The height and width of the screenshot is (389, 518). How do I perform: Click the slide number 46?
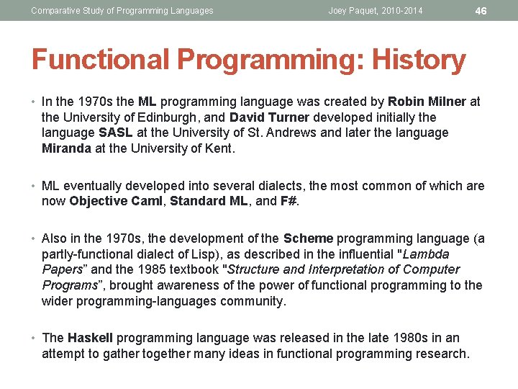click(x=481, y=11)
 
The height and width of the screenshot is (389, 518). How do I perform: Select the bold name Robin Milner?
click(x=427, y=102)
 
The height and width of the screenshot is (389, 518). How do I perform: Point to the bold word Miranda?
click(x=67, y=148)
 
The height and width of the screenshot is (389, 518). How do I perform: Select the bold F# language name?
click(x=288, y=201)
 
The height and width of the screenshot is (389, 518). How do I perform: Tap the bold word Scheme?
click(x=308, y=238)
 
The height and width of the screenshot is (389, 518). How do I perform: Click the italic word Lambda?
click(x=426, y=254)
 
